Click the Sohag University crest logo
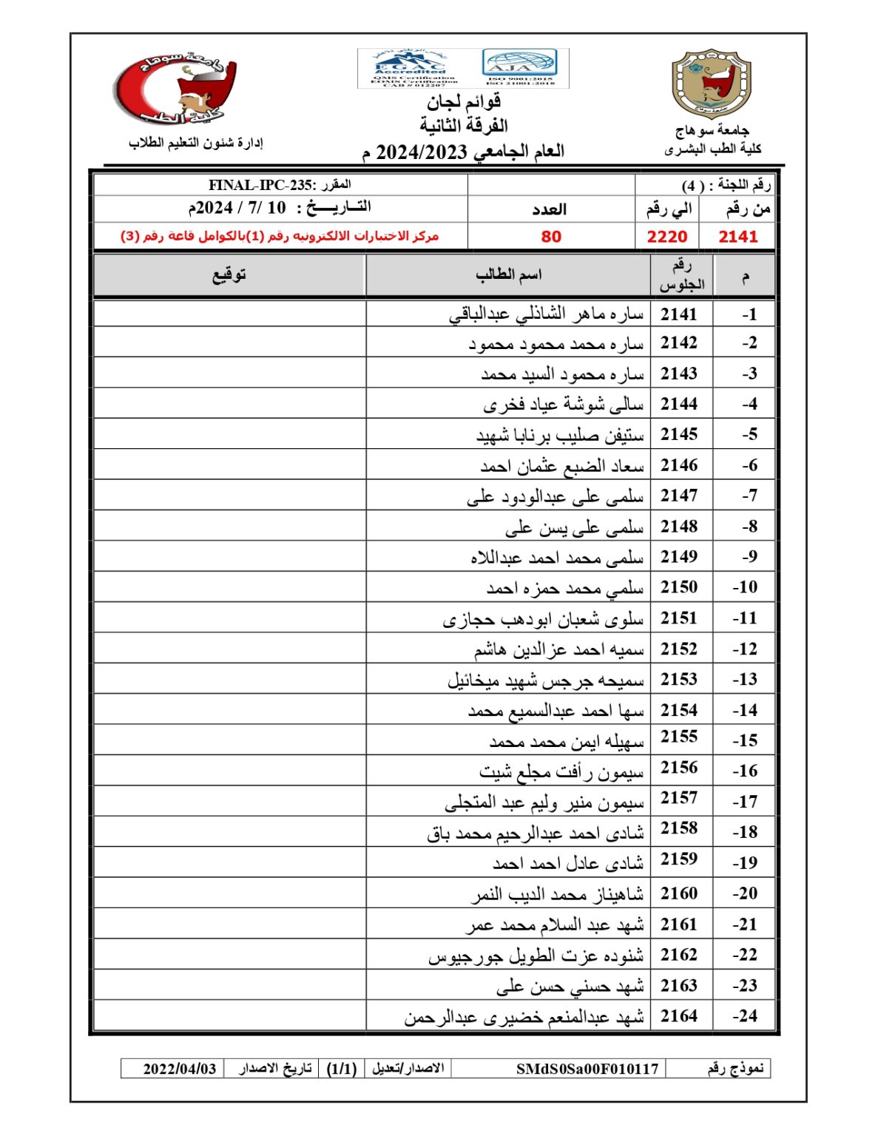[x=711, y=84]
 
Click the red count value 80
[x=551, y=237]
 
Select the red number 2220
[x=666, y=237]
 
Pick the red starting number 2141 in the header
[x=737, y=237]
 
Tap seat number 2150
[x=679, y=587]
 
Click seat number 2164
[x=679, y=1016]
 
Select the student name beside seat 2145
[x=560, y=436]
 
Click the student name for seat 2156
[x=561, y=772]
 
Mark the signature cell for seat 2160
[x=229, y=893]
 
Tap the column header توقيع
[x=229, y=275]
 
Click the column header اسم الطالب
[x=508, y=275]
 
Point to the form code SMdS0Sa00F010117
[x=587, y=1069]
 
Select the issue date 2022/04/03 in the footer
[x=180, y=1069]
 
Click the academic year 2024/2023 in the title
[x=422, y=152]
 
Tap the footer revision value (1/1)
[x=342, y=1069]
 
